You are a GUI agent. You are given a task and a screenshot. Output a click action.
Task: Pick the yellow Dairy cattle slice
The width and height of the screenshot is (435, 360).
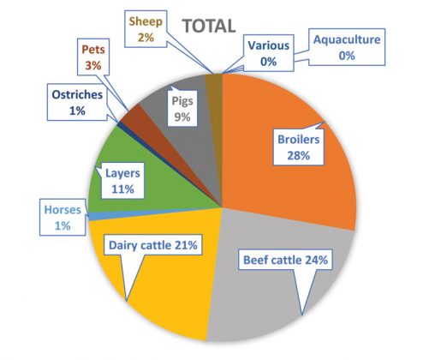point(163,291)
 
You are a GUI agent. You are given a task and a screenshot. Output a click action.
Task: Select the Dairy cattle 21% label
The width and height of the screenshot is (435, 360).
point(154,245)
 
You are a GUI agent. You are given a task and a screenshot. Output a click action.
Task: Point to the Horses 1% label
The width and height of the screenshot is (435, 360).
point(63,216)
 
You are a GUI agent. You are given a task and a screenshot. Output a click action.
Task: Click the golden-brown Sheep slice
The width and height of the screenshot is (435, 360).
point(215,86)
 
